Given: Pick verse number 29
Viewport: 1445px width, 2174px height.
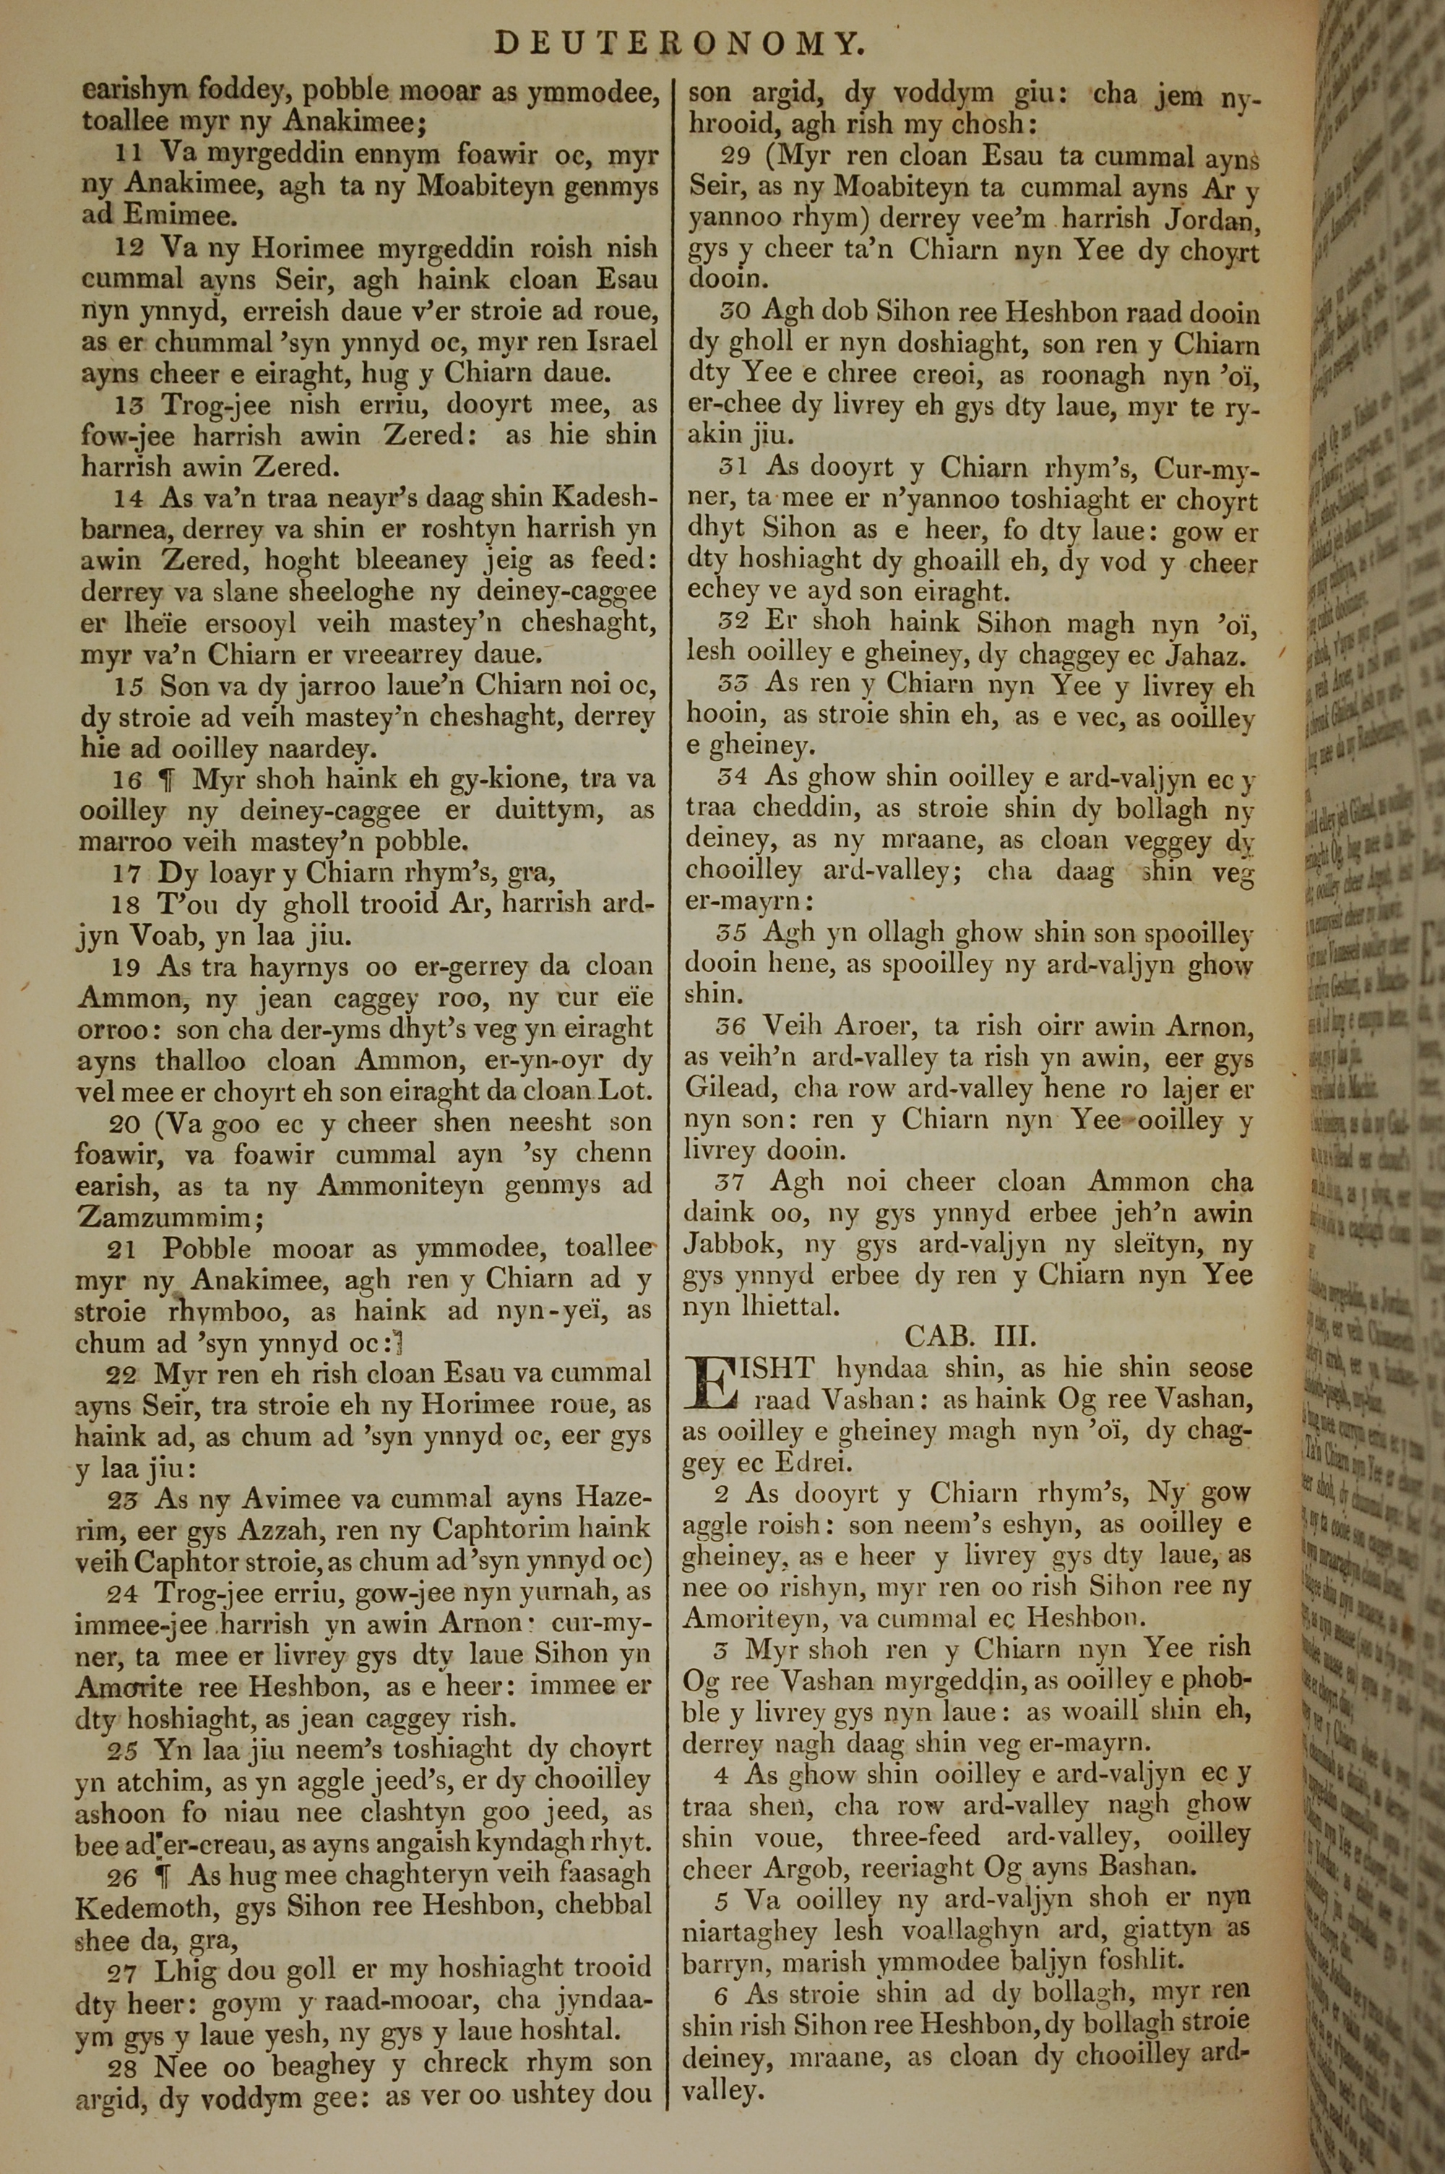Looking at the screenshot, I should tap(736, 158).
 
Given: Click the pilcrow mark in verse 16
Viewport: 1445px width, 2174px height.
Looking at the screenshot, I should tap(167, 781).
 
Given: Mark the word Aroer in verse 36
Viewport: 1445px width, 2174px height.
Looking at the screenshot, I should tap(821, 1026).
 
